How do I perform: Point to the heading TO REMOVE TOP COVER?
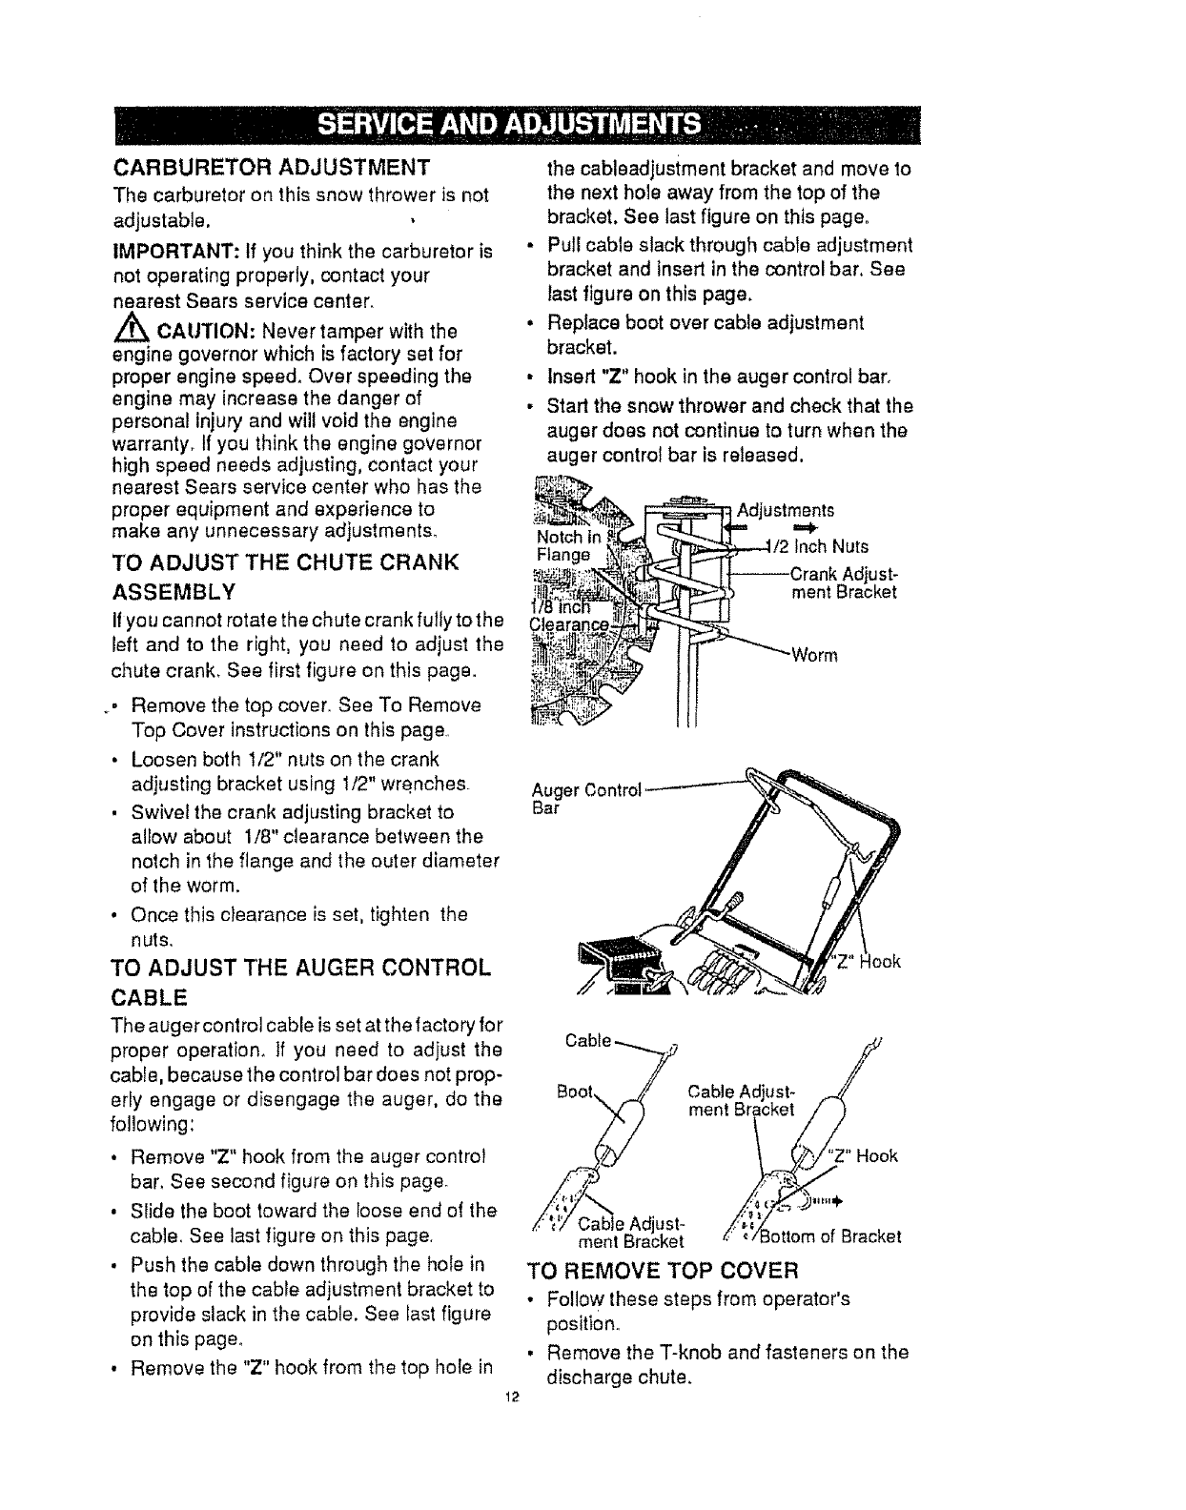663,1271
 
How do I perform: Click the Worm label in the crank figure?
813,655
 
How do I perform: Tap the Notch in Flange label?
563,544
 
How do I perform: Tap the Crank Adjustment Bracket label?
843,582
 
